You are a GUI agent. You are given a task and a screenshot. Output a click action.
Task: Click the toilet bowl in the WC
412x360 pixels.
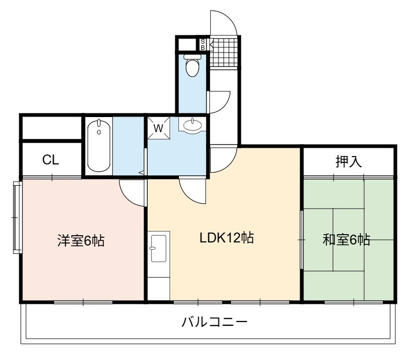[x=192, y=67]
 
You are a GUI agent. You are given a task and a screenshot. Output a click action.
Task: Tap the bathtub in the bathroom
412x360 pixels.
[x=99, y=146]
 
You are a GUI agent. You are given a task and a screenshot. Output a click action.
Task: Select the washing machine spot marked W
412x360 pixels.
[x=159, y=128]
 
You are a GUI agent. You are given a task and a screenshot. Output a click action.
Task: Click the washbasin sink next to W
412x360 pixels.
[x=192, y=125]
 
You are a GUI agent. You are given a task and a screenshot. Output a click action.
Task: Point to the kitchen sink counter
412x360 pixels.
[x=159, y=265]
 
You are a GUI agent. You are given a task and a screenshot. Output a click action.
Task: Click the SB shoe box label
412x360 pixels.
[x=202, y=44]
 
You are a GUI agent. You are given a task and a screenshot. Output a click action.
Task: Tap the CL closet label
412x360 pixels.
[x=50, y=160]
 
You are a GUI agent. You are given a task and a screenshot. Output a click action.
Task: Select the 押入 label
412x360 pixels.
[x=349, y=161]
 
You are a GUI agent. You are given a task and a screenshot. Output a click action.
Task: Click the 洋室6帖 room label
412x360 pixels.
[x=81, y=240]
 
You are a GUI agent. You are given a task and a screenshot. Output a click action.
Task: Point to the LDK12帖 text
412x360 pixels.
[x=226, y=238]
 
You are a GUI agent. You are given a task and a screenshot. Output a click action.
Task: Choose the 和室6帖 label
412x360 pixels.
[x=346, y=240]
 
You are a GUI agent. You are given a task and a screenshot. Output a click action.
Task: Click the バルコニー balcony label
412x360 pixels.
[x=214, y=322]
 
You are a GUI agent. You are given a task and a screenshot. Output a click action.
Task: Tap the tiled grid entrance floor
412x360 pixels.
[x=224, y=53]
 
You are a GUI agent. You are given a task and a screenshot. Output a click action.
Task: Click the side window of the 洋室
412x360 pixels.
[x=17, y=217]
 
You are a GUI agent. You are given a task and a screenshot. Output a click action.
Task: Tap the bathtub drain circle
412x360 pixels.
[x=99, y=132]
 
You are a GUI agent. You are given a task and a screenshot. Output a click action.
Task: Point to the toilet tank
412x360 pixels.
[x=192, y=57]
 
